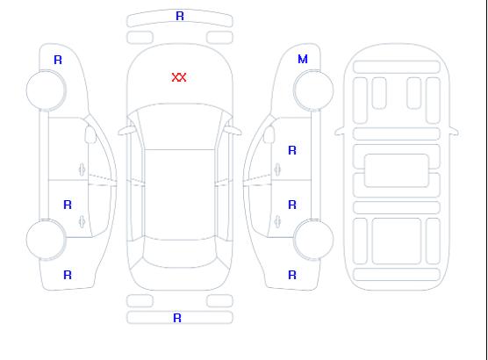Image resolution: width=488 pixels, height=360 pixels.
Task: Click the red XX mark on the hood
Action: tap(179, 77)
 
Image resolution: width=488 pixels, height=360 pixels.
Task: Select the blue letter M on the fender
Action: tap(303, 59)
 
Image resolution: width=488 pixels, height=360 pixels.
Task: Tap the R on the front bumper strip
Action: tap(180, 16)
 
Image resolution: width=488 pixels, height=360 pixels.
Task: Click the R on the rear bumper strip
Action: tap(177, 318)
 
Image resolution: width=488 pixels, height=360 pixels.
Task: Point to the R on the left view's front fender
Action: tap(58, 60)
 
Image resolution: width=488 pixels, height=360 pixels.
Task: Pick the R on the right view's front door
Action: tap(292, 150)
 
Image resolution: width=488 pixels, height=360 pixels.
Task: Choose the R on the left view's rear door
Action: tap(68, 205)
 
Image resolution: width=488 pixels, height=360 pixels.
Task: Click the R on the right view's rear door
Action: tap(292, 205)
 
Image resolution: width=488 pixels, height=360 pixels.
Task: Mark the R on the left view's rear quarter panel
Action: tap(68, 275)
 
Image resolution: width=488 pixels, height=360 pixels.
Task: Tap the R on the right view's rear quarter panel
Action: tap(292, 275)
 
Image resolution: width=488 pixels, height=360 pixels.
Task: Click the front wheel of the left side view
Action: tap(46, 90)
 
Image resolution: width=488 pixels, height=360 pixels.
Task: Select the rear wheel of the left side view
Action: tap(46, 240)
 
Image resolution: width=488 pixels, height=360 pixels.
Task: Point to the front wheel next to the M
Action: tap(313, 90)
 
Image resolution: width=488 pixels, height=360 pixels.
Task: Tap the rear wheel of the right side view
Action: tap(313, 240)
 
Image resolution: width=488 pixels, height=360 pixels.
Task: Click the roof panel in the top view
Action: tap(180, 195)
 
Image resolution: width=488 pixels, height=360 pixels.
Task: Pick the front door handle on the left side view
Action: tap(82, 169)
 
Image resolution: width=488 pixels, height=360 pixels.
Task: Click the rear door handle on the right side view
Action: tap(277, 221)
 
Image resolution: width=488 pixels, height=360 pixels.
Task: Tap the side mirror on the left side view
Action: tap(90, 134)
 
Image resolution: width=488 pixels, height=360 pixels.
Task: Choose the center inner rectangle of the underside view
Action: tap(397, 170)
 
